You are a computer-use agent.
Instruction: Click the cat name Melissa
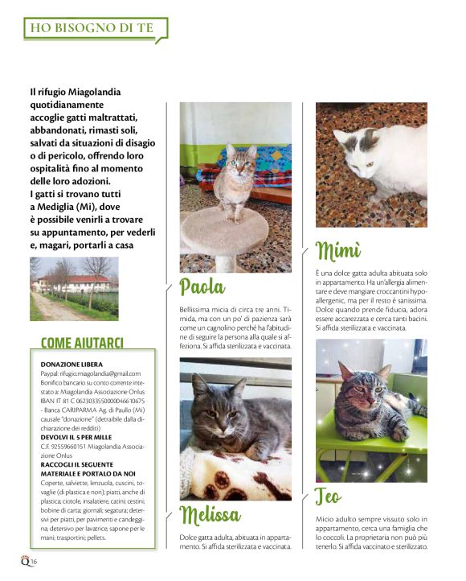click(x=210, y=513)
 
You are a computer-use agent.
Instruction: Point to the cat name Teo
click(x=331, y=497)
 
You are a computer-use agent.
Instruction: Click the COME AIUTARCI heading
click(x=82, y=343)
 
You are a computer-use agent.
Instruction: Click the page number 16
click(x=35, y=561)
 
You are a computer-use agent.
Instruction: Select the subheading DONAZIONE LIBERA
click(x=71, y=365)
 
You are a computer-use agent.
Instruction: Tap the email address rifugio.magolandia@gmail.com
click(x=100, y=373)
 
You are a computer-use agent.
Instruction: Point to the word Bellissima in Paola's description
click(x=198, y=309)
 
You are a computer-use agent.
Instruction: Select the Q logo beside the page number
click(x=25, y=560)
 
